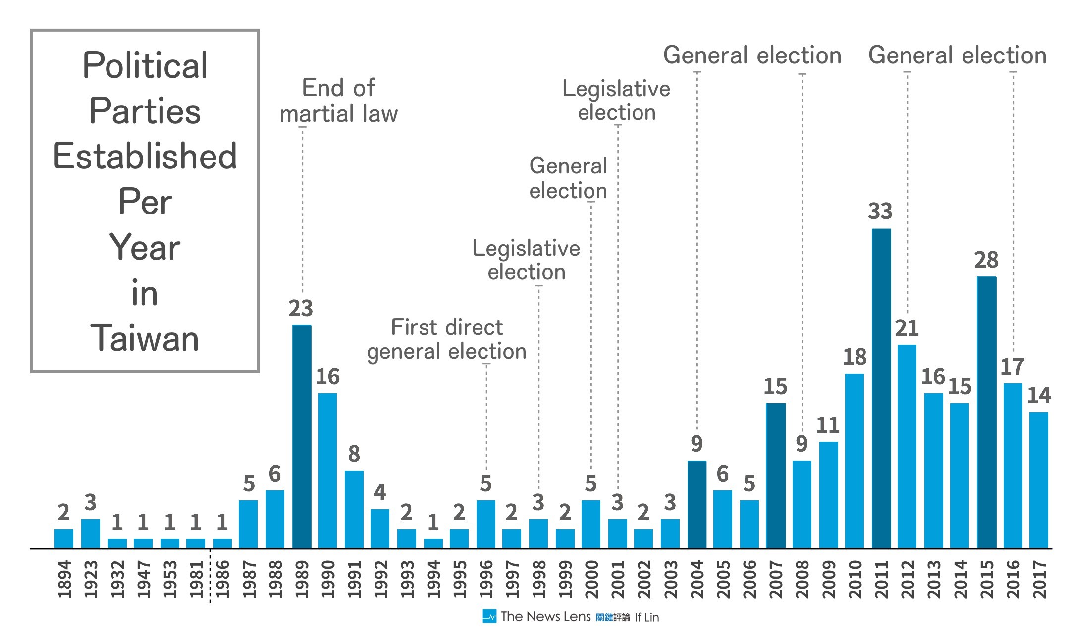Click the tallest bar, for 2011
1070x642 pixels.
[881, 388]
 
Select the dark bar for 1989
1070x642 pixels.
[302, 436]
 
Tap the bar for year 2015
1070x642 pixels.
[986, 412]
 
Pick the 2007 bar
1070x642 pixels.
[776, 476]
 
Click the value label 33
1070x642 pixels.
[880, 212]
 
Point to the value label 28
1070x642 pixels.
[986, 260]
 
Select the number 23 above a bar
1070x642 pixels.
[301, 309]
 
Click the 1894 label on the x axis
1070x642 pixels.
[64, 579]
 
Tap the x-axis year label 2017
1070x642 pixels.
[1039, 579]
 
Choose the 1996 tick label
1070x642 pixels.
[486, 579]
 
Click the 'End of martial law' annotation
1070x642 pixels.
[339, 101]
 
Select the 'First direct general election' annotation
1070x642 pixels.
[447, 339]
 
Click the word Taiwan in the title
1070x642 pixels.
[145, 339]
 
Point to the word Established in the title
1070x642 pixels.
[145, 156]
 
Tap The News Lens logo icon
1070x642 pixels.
[489, 616]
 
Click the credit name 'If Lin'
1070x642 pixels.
[647, 617]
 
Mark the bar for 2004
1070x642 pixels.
[697, 504]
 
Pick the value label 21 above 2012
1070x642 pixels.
[907, 328]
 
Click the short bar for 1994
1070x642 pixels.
[433, 543]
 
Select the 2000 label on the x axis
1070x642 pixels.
[591, 579]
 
